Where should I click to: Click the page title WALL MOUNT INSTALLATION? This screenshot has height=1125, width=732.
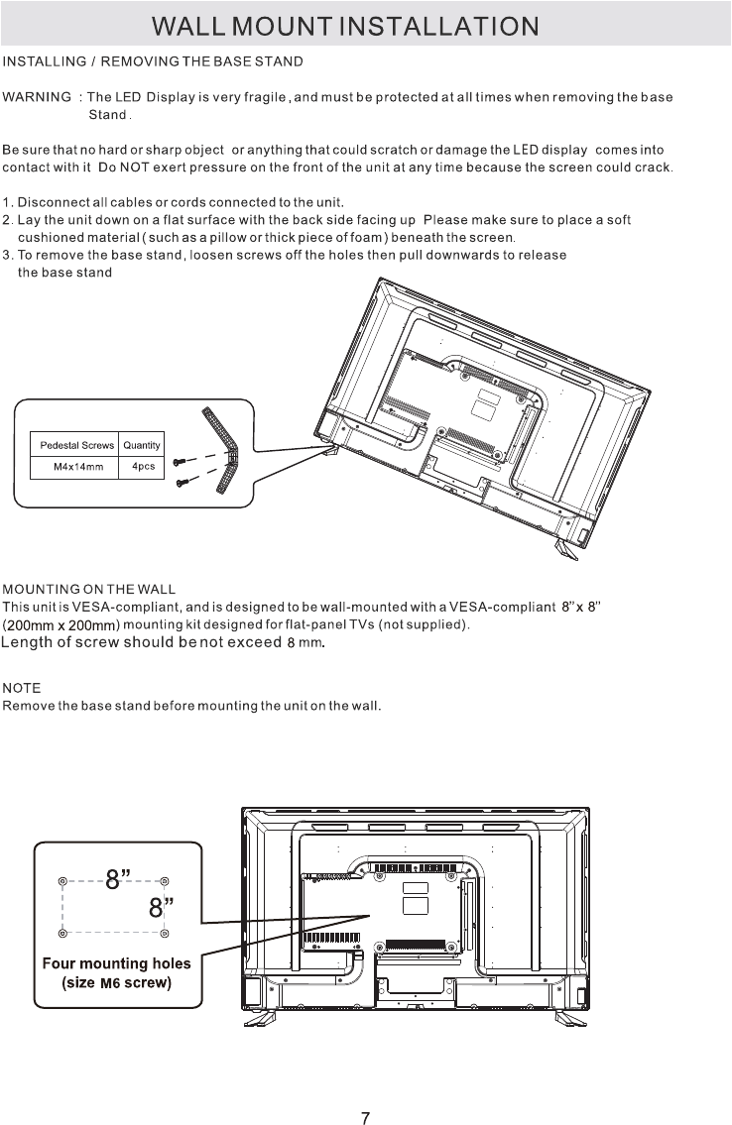click(x=365, y=24)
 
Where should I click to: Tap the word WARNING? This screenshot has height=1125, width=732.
click(x=37, y=97)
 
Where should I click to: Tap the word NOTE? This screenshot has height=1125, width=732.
click(x=22, y=687)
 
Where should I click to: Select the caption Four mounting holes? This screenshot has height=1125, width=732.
click(x=116, y=962)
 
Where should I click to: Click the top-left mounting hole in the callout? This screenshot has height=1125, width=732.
click(x=62, y=881)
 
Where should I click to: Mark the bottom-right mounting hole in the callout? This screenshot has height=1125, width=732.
click(x=165, y=933)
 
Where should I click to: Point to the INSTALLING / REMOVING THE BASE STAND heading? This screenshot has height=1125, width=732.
click(x=154, y=61)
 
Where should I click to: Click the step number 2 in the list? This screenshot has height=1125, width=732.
click(x=7, y=219)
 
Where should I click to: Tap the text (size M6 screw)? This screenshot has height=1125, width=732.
click(x=117, y=982)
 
